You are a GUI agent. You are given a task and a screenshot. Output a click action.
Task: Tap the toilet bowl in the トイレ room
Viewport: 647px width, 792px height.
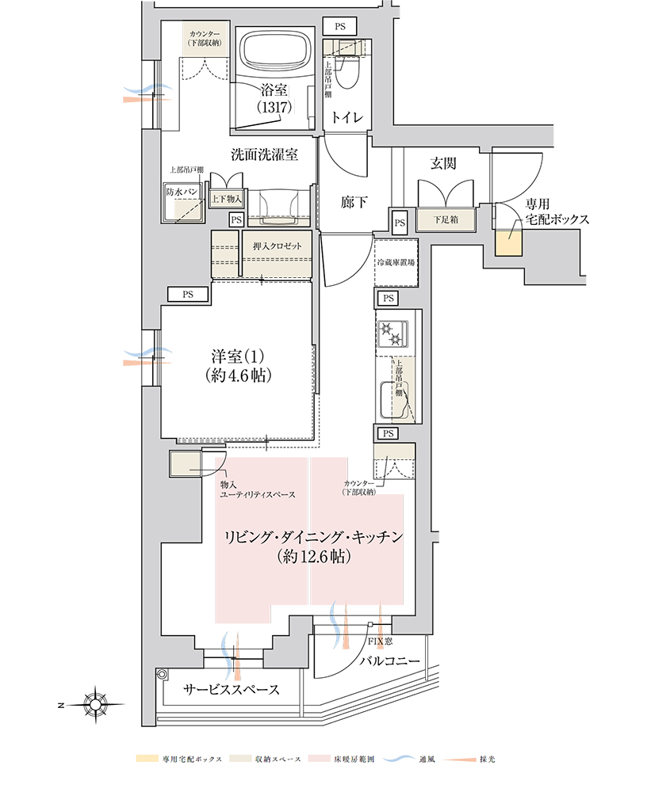click(x=349, y=73)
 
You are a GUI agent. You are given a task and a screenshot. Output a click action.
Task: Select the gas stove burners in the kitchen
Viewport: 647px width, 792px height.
click(x=393, y=334)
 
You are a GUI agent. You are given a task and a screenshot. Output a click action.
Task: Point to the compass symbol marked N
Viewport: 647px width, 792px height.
click(x=94, y=704)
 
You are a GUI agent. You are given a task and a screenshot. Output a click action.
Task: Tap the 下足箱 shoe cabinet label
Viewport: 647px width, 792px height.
click(x=446, y=219)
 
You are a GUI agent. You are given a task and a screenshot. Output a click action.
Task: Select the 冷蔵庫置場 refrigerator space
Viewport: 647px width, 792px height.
click(x=396, y=263)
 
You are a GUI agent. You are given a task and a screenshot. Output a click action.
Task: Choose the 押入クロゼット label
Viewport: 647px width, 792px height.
click(x=278, y=246)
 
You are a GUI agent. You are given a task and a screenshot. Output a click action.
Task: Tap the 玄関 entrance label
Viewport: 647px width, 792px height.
click(x=443, y=163)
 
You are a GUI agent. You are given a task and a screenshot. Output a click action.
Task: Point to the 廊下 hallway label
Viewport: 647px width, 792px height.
click(x=354, y=203)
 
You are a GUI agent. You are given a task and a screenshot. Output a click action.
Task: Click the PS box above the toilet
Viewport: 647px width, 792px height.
click(x=340, y=27)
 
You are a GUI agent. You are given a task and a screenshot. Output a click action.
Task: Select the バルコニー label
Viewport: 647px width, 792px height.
click(x=389, y=661)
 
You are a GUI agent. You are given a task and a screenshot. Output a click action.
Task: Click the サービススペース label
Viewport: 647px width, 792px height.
click(x=232, y=690)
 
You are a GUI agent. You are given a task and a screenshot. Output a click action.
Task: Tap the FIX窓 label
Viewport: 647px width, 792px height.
click(x=380, y=641)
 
